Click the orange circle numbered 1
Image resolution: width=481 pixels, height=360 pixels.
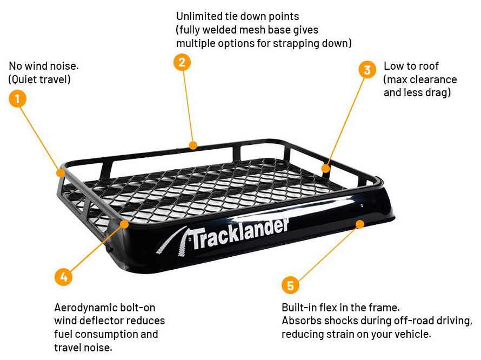[17, 98]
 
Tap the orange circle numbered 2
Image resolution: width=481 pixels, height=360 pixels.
[182, 62]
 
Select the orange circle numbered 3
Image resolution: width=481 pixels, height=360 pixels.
[367, 70]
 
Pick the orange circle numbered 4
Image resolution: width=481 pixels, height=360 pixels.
[63, 277]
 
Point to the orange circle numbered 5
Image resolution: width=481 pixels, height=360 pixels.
[290, 285]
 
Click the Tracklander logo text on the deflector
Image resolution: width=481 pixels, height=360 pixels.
[240, 234]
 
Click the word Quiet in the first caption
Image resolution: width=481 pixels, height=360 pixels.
[25, 79]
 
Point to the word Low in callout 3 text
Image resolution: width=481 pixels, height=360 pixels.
[392, 66]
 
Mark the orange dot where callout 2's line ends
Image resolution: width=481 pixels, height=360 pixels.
[193, 145]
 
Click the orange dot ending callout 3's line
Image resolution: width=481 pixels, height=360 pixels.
[326, 169]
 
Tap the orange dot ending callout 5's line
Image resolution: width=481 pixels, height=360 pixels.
[360, 224]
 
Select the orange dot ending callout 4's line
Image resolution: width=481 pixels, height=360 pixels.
[124, 224]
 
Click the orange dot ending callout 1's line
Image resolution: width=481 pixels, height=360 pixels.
[61, 173]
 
